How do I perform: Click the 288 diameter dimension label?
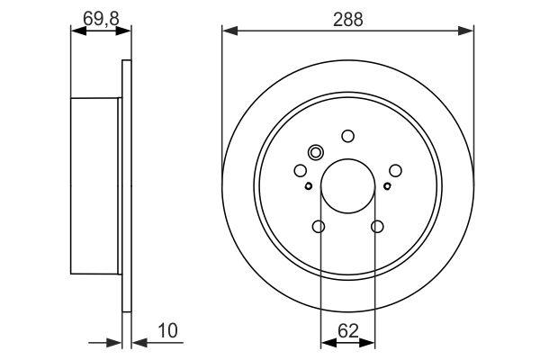coord(347,20)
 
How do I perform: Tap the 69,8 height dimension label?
coord(101,18)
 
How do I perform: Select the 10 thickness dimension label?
coord(167,330)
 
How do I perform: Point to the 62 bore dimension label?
coord(348,331)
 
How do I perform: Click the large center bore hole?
coord(347,186)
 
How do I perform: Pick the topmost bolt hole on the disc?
coord(347,136)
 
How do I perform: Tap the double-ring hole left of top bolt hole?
coord(316,152)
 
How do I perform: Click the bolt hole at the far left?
coord(301,170)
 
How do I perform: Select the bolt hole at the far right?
coord(395,170)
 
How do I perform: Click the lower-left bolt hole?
coord(319,227)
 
